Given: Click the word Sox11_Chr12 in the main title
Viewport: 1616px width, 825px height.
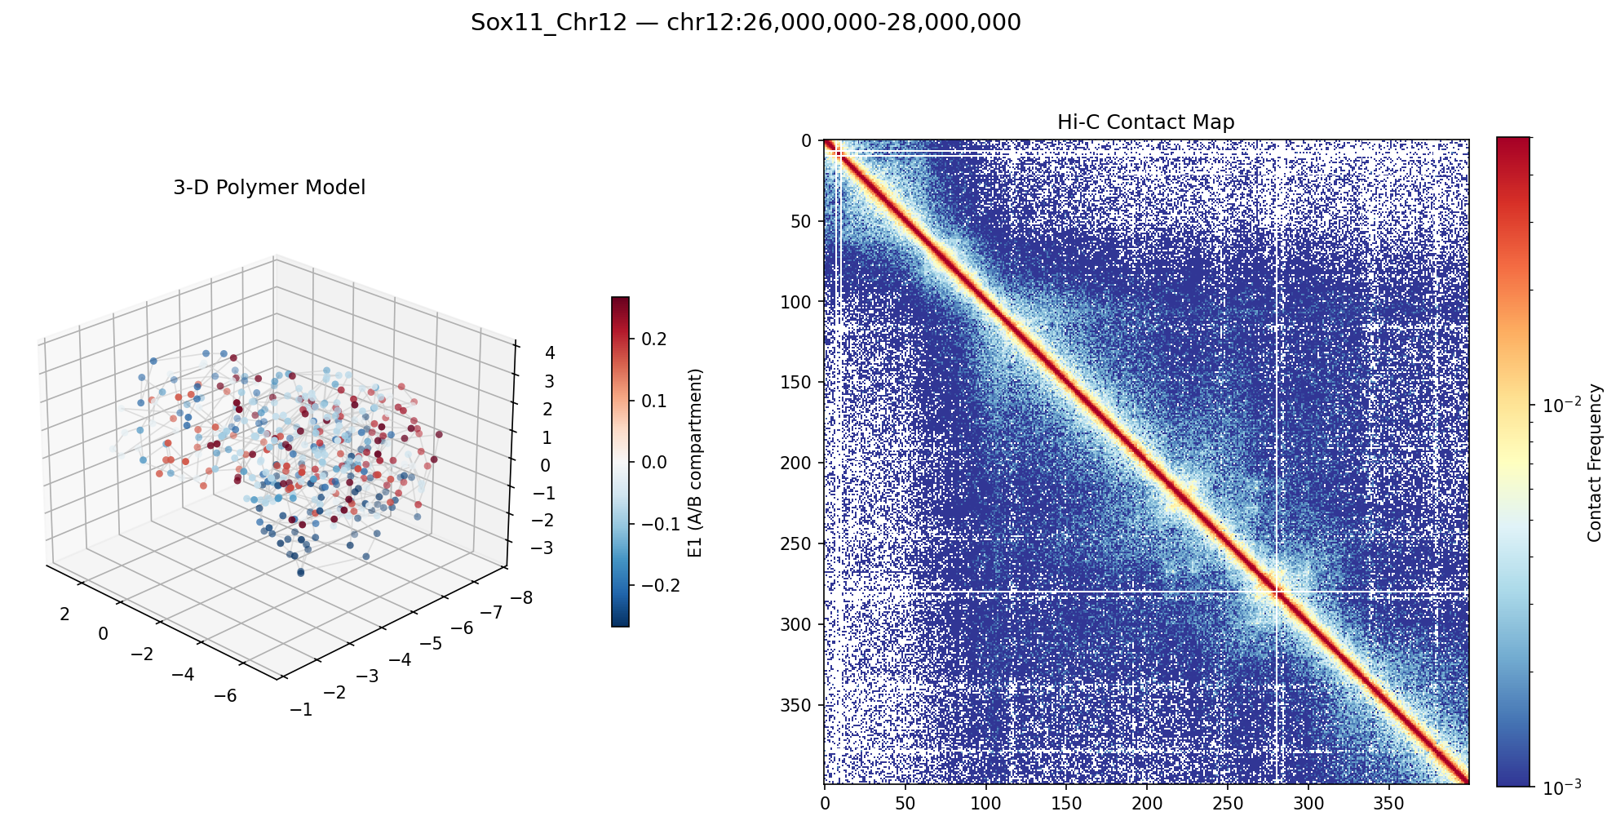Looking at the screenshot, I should pyautogui.click(x=548, y=23).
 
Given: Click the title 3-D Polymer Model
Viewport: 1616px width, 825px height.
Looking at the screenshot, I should pyautogui.click(x=269, y=188).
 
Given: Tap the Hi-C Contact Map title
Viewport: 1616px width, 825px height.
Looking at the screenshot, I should pyautogui.click(x=1145, y=122).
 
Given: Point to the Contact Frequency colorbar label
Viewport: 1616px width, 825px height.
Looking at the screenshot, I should pyautogui.click(x=1594, y=462).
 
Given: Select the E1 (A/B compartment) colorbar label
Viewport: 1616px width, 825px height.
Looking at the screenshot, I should pyautogui.click(x=695, y=462).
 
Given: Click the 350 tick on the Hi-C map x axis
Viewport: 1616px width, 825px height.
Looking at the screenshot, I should pyautogui.click(x=1389, y=805).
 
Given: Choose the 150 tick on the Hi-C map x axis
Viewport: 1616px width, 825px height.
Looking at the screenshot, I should pyautogui.click(x=1066, y=805).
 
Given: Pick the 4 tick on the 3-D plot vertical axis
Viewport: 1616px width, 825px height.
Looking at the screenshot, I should pyautogui.click(x=527, y=353).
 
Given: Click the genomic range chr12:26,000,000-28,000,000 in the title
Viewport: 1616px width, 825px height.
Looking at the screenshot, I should pyautogui.click(x=843, y=23).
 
